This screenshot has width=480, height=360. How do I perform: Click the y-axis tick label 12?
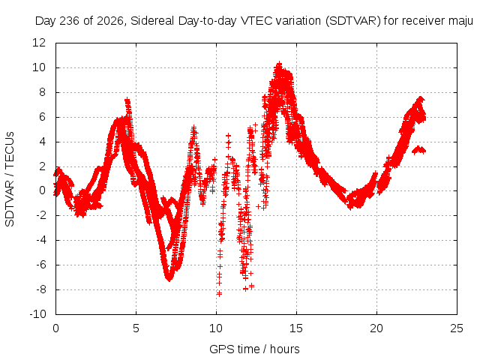click(39, 43)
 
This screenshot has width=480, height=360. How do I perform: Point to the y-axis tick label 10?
click(39, 67)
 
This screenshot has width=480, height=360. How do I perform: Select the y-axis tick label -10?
click(37, 313)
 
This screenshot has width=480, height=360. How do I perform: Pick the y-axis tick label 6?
click(42, 117)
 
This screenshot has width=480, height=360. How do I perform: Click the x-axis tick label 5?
click(136, 328)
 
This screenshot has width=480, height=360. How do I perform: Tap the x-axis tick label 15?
click(296, 328)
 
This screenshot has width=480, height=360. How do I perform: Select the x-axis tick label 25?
click(457, 328)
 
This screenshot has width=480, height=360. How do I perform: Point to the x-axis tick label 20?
click(376, 328)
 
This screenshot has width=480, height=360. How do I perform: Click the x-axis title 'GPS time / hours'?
click(254, 349)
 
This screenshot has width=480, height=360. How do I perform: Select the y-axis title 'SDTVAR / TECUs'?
click(10, 179)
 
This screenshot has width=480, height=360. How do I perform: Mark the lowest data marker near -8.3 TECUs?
click(219, 294)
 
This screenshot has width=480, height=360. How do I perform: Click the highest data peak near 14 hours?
click(279, 64)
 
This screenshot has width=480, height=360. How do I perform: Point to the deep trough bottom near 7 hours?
click(169, 279)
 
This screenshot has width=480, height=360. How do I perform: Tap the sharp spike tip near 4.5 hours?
click(127, 100)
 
